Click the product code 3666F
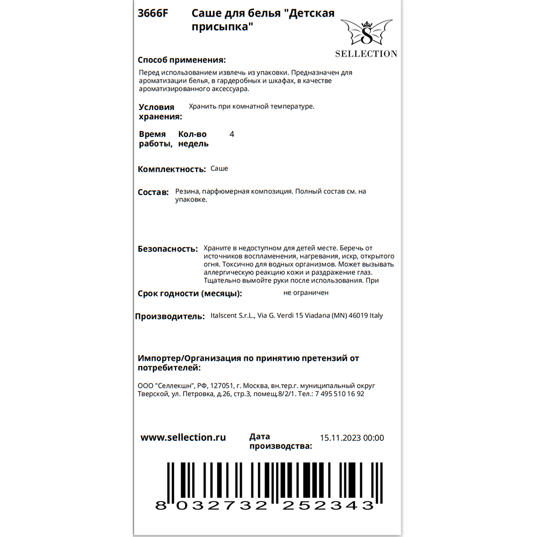pos(153,14)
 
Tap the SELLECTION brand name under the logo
pos(366,54)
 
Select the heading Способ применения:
pos(182,60)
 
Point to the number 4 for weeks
pos(231,134)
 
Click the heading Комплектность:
pos(172,169)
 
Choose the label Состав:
pos(153,192)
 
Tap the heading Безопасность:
pos(168,249)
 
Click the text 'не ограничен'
pos(306,293)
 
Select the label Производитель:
pos(170,316)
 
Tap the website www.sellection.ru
pos(183,438)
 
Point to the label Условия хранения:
pos(160,112)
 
